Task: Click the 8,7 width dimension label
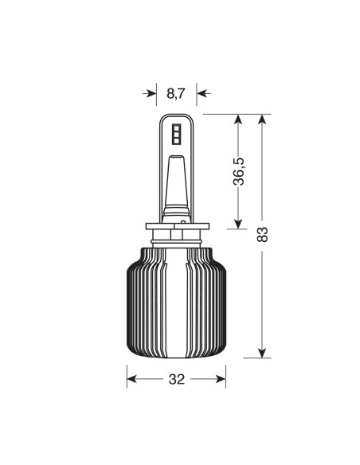click(176, 93)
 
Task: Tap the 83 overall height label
click(264, 236)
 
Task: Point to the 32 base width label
click(177, 379)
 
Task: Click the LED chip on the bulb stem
click(177, 132)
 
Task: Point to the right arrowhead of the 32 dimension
click(223, 379)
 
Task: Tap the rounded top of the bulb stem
click(177, 117)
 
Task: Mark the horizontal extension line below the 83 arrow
click(259, 358)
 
